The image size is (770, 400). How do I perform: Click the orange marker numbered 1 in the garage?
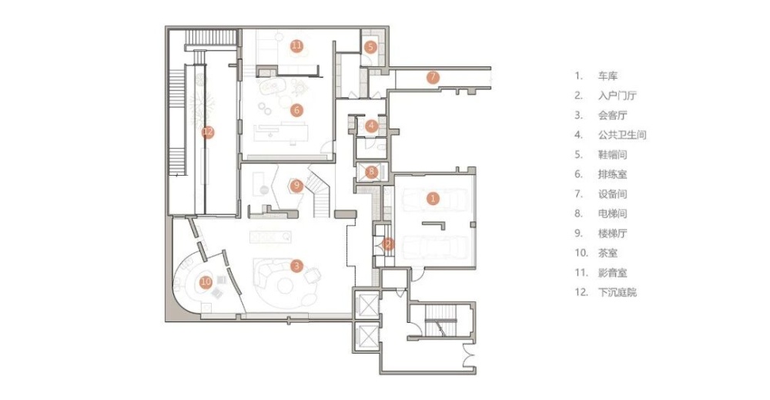click(x=433, y=199)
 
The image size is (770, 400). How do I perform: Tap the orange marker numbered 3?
click(x=296, y=267)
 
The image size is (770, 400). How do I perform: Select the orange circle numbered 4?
click(x=371, y=126)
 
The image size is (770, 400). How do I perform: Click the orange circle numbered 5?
click(x=371, y=47)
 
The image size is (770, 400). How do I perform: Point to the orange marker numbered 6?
click(x=296, y=110)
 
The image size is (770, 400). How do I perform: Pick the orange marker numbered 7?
click(x=433, y=77)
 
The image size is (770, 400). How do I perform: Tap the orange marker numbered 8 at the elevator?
click(x=371, y=172)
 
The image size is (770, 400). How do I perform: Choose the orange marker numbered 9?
click(x=296, y=185)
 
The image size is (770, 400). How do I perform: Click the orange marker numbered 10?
click(x=206, y=281)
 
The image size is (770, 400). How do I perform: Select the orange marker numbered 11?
click(x=296, y=46)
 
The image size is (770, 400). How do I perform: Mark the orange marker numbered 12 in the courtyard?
click(x=208, y=132)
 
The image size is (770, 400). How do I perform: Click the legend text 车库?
click(x=608, y=76)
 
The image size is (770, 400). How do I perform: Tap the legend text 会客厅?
click(x=612, y=116)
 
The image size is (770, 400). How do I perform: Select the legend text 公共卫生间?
click(x=622, y=135)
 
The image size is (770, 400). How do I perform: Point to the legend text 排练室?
click(x=612, y=174)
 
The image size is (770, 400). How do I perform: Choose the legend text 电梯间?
click(x=612, y=213)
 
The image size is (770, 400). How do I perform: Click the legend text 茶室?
click(x=608, y=253)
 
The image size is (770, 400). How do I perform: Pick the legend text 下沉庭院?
click(x=618, y=292)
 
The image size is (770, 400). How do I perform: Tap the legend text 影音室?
click(x=612, y=273)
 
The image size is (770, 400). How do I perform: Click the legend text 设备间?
click(x=612, y=194)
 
